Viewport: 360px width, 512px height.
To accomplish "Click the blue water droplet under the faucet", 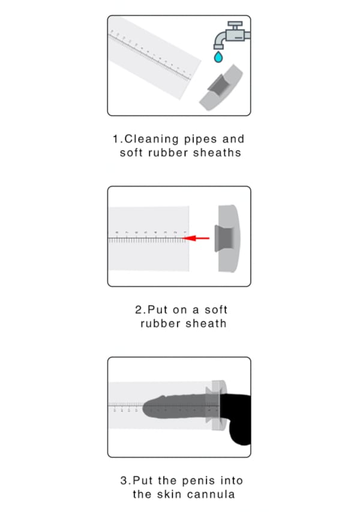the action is click(218, 57).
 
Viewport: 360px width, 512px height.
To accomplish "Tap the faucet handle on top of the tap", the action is click(235, 24).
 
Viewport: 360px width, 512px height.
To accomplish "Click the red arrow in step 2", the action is click(196, 238).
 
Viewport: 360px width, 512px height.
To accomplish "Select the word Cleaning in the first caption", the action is click(151, 139).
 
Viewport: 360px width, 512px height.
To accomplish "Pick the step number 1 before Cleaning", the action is click(117, 139).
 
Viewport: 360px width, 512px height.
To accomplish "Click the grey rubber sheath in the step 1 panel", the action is click(221, 88).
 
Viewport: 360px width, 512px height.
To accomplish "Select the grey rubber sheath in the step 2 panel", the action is click(227, 238).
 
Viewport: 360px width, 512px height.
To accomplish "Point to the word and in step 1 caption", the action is click(233, 139).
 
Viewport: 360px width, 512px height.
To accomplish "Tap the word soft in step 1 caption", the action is click(131, 152).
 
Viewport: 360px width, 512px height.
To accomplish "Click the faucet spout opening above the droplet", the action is click(218, 47).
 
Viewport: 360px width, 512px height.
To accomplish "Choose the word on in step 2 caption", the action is click(179, 310).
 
